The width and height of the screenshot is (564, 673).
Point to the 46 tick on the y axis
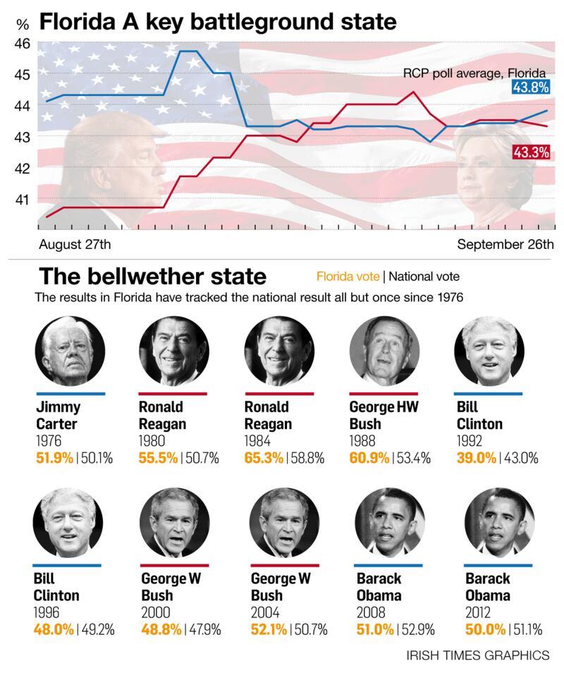(x=22, y=43)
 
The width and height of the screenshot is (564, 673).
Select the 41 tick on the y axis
(x=22, y=200)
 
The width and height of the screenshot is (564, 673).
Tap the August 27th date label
(x=74, y=245)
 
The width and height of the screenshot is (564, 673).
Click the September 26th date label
(x=505, y=245)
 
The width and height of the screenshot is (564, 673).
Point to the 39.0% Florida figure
(x=474, y=458)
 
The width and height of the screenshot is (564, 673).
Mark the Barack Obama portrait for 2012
(x=498, y=522)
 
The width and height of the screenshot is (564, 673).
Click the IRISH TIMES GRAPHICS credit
(x=477, y=656)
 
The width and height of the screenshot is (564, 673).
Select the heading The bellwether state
(x=153, y=275)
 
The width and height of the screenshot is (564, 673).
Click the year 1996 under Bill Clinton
(x=47, y=611)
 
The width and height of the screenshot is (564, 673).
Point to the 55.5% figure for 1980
(x=159, y=458)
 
